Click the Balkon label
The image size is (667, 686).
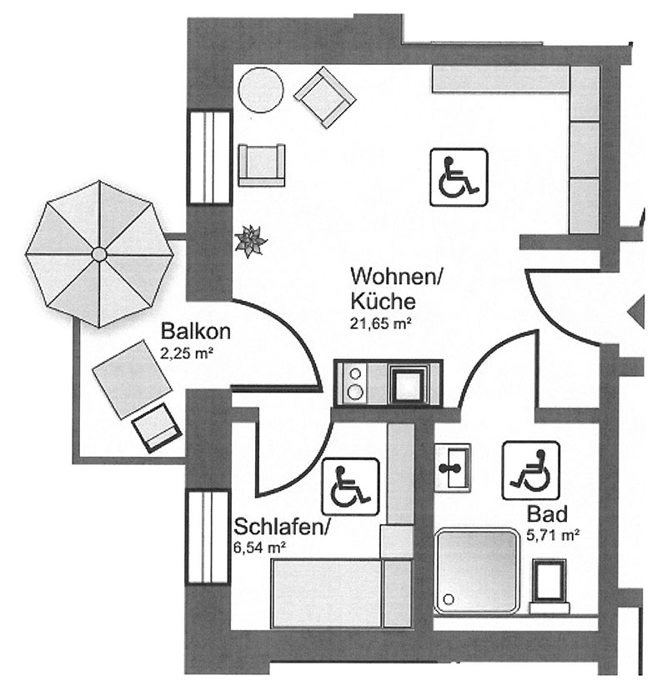196,330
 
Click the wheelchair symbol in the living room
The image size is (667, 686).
459,177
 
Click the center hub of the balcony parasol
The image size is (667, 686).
98,253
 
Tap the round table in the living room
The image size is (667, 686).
261,89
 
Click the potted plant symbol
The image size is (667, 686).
250,242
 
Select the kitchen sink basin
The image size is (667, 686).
409,384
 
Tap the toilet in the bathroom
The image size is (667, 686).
551,584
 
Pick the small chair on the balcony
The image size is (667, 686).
157,428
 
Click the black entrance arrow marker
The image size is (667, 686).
636,313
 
